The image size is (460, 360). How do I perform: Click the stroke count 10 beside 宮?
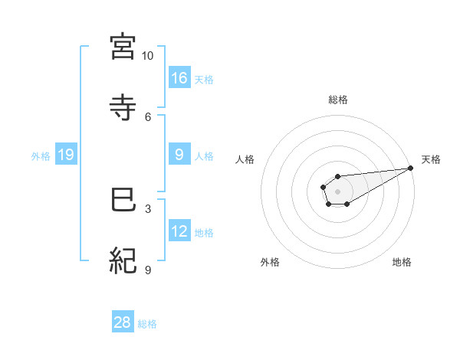coord(148,56)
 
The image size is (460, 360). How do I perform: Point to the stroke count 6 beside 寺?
coord(148,116)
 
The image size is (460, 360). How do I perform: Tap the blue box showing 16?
coord(179,77)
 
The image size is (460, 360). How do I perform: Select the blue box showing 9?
coord(179,155)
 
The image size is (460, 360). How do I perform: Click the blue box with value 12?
coord(179,231)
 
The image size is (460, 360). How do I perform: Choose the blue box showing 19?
coord(65,155)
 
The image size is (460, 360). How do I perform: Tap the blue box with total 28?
coord(123,322)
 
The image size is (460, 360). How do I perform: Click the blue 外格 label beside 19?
coord(41,155)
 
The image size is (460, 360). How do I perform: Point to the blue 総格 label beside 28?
coord(147,323)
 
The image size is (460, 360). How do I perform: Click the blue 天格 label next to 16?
coord(203,79)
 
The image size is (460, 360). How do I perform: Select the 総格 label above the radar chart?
coord(337,100)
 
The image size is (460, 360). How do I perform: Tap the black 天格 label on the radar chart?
coord(431,159)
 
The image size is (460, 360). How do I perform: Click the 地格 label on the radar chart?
coord(402,262)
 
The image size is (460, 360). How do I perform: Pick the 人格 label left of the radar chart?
coord(246,159)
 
